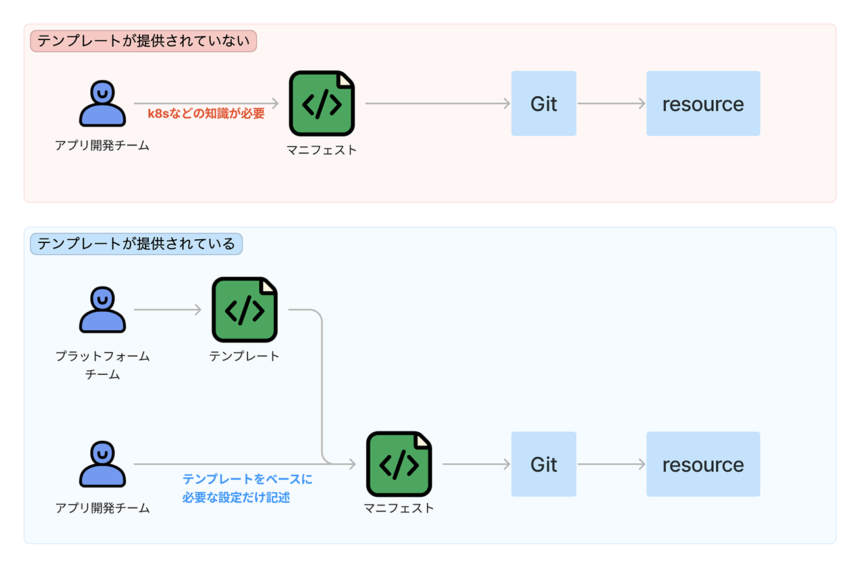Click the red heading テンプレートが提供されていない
click(x=143, y=42)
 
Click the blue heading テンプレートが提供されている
click(x=136, y=244)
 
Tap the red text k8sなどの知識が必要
click(x=206, y=113)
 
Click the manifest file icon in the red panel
click(x=321, y=103)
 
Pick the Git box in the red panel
click(x=543, y=103)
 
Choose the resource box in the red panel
click(x=703, y=103)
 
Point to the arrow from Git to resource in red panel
click(x=610, y=103)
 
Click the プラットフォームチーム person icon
click(x=102, y=310)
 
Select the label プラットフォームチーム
click(x=102, y=365)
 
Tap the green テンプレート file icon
click(x=244, y=310)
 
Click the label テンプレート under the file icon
click(x=244, y=356)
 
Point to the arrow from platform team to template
click(x=167, y=310)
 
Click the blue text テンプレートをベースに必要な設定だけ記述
click(x=247, y=488)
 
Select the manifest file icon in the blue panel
click(x=398, y=464)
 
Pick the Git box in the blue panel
click(x=543, y=464)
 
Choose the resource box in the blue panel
click(x=703, y=464)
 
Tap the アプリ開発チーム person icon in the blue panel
click(x=102, y=464)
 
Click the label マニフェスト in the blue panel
click(x=398, y=508)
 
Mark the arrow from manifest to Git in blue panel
click(x=476, y=464)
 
